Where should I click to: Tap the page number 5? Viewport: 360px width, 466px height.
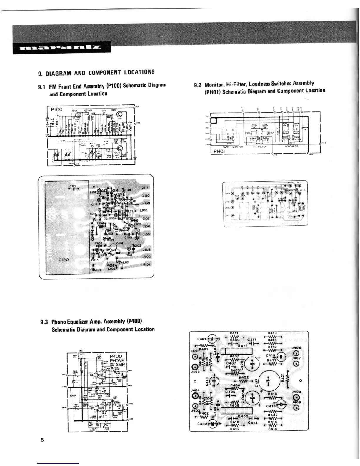(x=42, y=440)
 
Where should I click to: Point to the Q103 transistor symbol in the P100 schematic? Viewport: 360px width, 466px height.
(x=120, y=149)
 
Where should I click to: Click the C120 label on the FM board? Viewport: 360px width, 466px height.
(x=64, y=260)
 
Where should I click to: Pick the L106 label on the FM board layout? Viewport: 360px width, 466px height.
(x=144, y=211)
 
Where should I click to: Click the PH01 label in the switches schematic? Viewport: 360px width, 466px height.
(x=219, y=152)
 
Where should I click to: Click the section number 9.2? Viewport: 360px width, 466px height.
(x=198, y=86)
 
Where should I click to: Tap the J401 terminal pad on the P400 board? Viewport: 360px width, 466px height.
(x=195, y=357)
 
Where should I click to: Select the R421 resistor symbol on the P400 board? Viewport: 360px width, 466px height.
(x=287, y=380)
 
